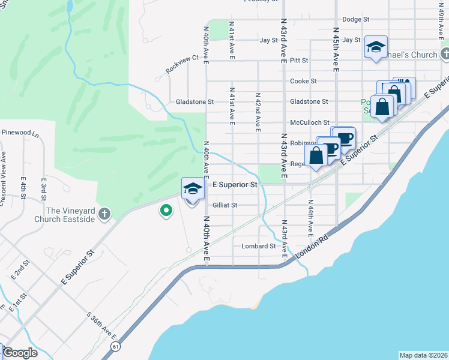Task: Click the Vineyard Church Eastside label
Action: pyautogui.click(x=71, y=215)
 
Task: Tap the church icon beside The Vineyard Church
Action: pyautogui.click(x=104, y=214)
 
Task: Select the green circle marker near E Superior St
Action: pyautogui.click(x=165, y=211)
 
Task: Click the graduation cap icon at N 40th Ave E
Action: pyautogui.click(x=191, y=188)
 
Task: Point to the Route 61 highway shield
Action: pyautogui.click(x=115, y=346)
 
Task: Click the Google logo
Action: pyautogui.click(x=20, y=353)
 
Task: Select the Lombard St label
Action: pyautogui.click(x=258, y=246)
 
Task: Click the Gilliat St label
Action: pyautogui.click(x=226, y=205)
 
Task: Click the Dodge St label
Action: pyautogui.click(x=355, y=19)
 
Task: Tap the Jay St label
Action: pyautogui.click(x=268, y=40)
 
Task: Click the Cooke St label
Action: pyautogui.click(x=303, y=81)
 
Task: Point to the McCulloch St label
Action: pyautogui.click(x=310, y=122)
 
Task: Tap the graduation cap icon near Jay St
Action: pyautogui.click(x=376, y=46)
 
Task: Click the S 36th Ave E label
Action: pyautogui.click(x=101, y=325)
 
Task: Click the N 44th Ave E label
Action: pyautogui.click(x=310, y=217)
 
